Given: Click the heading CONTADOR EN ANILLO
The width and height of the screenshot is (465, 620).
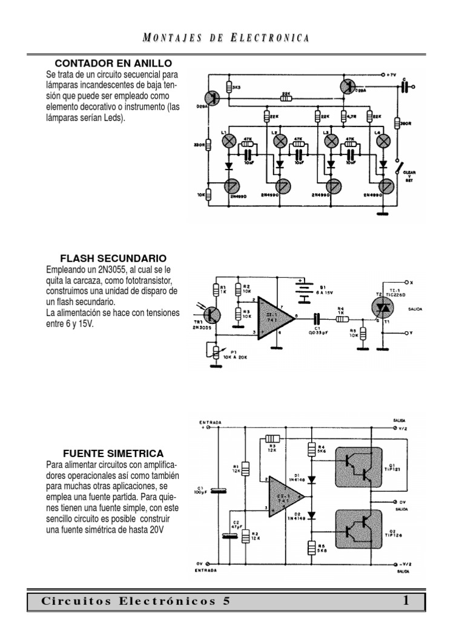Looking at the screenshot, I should pyautogui.click(x=113, y=63).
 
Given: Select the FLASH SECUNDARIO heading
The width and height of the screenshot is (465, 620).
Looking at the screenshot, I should pyautogui.click(x=113, y=258).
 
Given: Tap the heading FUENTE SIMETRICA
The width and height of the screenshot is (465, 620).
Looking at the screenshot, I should pyautogui.click(x=113, y=453).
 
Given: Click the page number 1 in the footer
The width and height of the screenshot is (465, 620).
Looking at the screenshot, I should pyautogui.click(x=406, y=601).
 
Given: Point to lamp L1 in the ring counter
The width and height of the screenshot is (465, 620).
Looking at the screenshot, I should pyautogui.click(x=229, y=141).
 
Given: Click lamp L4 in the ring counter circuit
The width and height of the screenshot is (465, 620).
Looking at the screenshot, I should pyautogui.click(x=383, y=141).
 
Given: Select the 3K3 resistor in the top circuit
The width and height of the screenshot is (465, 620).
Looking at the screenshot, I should pyautogui.click(x=229, y=87).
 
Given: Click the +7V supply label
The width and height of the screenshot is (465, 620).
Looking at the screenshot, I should pyautogui.click(x=389, y=75).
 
